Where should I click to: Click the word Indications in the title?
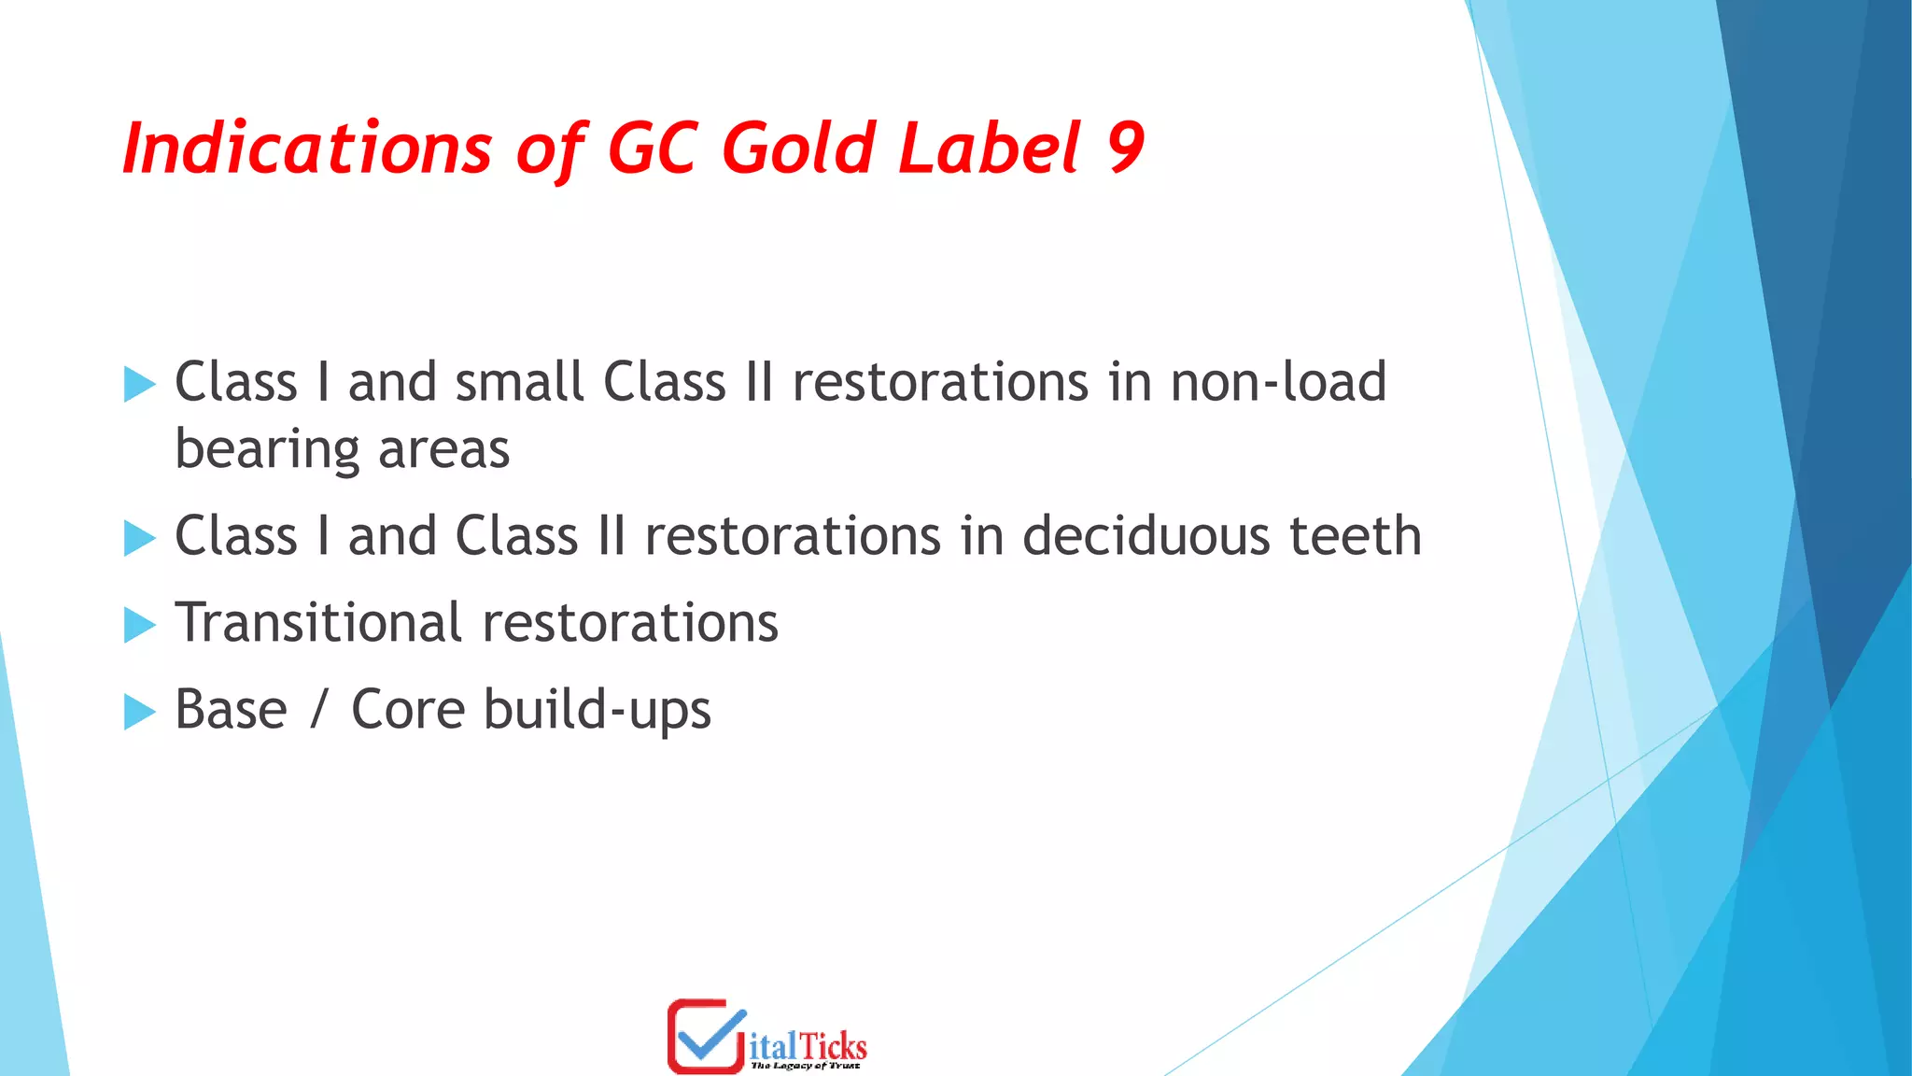(306, 149)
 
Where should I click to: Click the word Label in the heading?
(990, 149)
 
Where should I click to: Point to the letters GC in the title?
(652, 149)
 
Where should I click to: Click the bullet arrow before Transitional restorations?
(139, 625)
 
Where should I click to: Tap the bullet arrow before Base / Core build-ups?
(139, 712)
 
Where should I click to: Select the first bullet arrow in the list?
(139, 384)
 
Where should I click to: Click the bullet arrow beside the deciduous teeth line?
(139, 538)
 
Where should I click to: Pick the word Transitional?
(318, 623)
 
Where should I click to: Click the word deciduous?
(1146, 536)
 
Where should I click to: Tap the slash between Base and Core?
(319, 710)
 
